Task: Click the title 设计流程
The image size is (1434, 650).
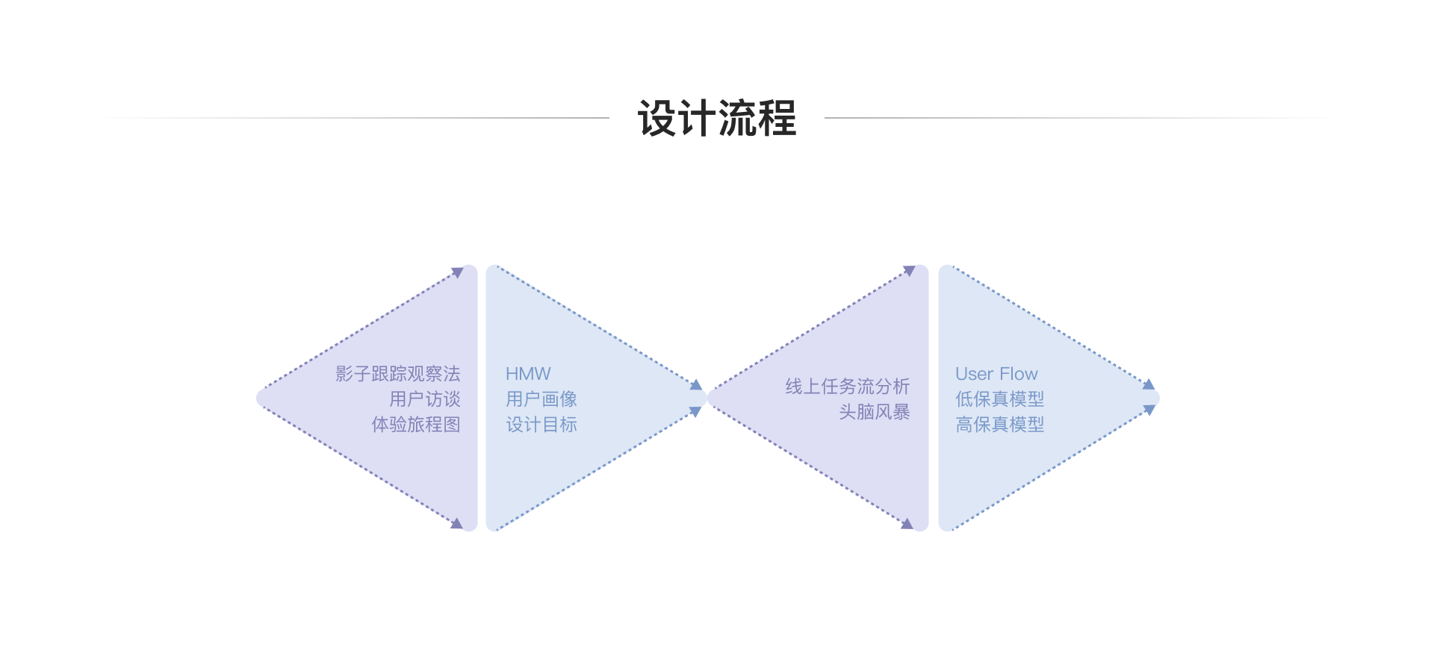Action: pos(717,118)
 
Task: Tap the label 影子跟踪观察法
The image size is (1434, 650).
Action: pos(397,374)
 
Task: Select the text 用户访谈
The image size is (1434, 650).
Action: pos(424,399)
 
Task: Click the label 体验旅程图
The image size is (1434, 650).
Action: pos(415,425)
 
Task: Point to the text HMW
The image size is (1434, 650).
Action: pos(528,374)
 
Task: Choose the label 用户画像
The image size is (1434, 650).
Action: pos(541,399)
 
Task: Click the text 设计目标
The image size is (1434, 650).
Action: pos(541,425)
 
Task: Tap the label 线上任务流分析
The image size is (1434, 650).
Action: pos(847,387)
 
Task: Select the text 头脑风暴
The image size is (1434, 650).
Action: pos(874,412)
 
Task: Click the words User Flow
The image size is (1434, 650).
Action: pos(996,374)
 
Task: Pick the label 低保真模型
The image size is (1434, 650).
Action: pos(999,399)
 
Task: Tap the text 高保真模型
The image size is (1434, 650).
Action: pos(999,425)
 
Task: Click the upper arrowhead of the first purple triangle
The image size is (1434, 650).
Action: pos(458,272)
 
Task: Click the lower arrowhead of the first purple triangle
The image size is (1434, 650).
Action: pos(457,524)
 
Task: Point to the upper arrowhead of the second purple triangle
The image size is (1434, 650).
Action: pos(909,270)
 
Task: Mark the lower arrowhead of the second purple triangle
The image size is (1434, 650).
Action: pos(907,524)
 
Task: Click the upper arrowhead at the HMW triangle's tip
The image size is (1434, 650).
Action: pos(696,385)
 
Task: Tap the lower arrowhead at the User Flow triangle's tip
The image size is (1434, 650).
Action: pos(1149,410)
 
